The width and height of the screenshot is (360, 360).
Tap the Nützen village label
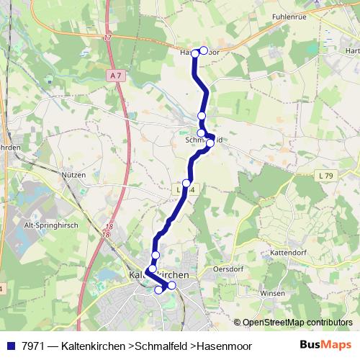(73, 175)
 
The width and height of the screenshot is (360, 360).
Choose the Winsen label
(273, 293)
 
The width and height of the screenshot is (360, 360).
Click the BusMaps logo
(325, 345)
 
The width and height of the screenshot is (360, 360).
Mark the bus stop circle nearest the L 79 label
(210, 143)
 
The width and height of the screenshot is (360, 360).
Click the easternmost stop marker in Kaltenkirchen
(171, 285)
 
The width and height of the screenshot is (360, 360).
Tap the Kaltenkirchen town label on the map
(158, 276)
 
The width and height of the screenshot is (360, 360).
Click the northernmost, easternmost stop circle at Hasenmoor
(204, 50)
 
